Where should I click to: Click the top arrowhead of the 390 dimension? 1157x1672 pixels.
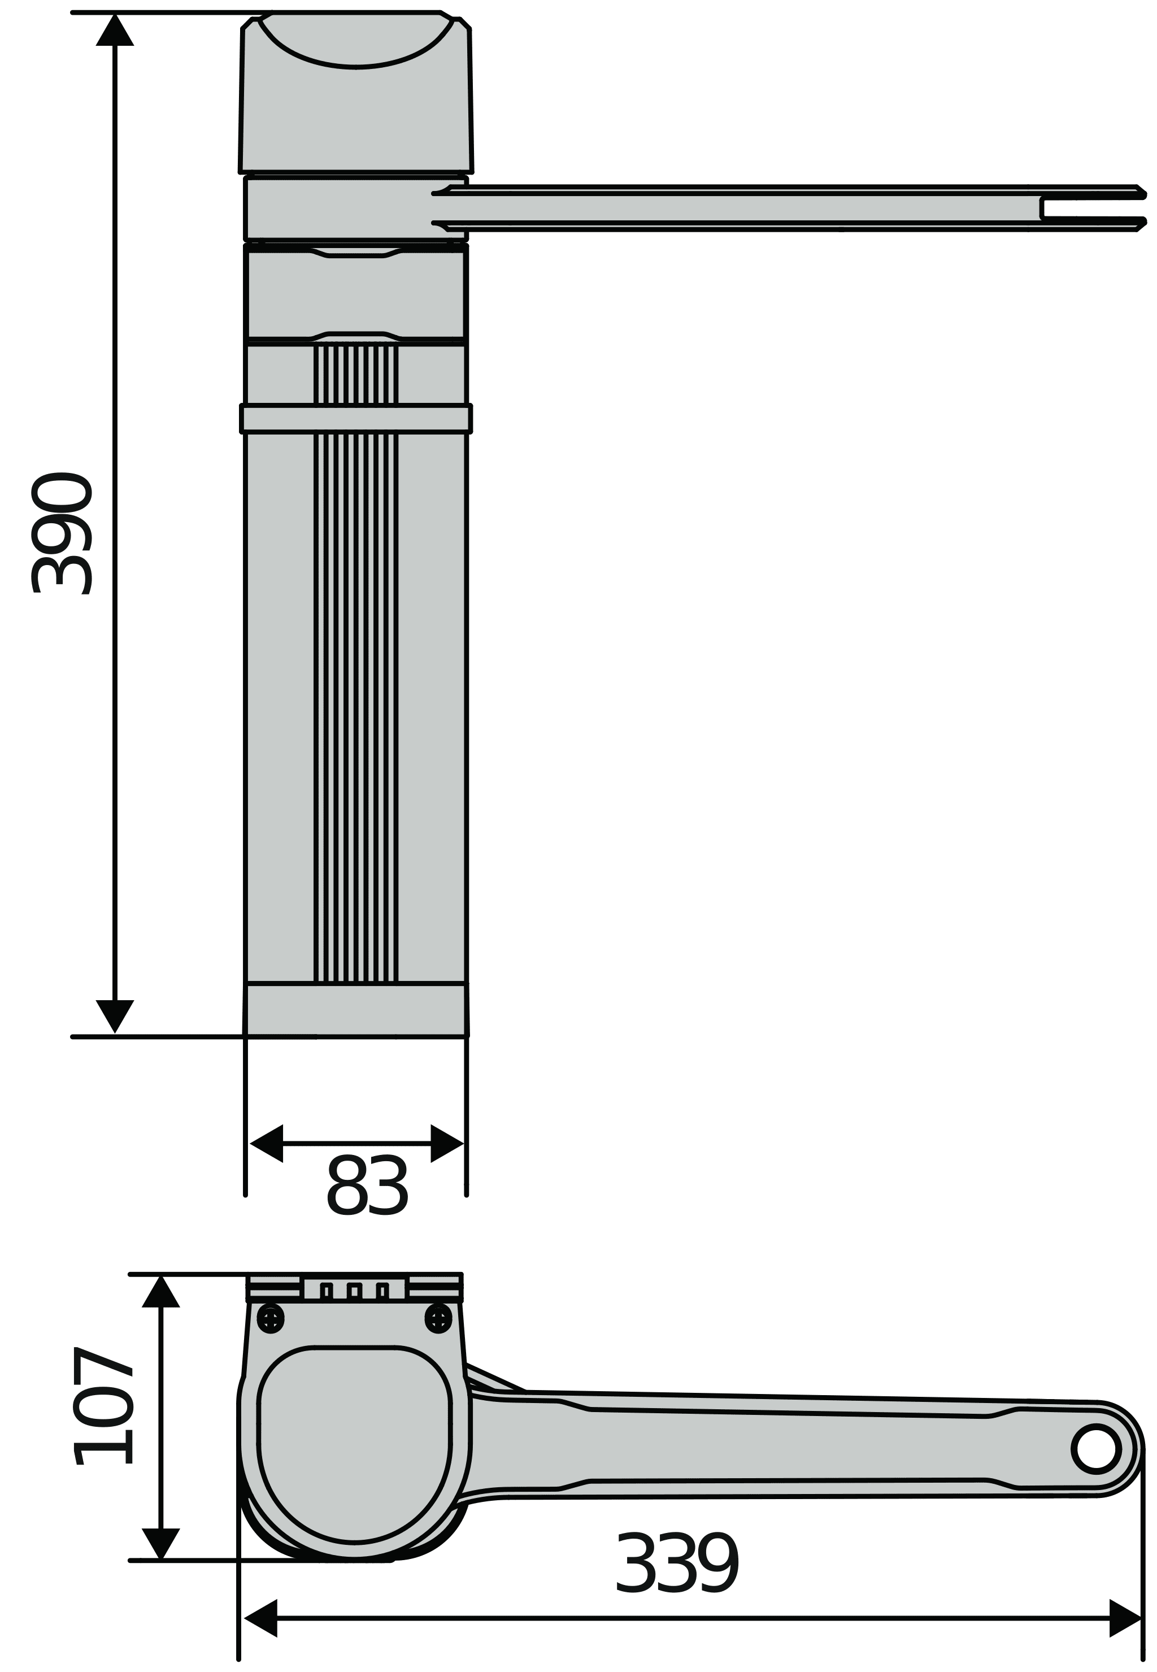[115, 31]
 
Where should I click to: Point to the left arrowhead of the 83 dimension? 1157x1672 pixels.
[266, 1144]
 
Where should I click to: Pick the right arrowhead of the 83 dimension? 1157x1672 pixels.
[446, 1144]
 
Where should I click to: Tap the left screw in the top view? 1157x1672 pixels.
[271, 1318]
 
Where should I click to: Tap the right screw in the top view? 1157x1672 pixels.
[438, 1318]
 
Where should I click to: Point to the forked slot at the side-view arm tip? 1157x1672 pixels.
[1093, 207]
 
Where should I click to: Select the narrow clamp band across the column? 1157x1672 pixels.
[355, 418]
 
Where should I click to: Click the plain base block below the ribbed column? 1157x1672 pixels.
[355, 1009]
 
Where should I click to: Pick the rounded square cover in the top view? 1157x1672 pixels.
[354, 1443]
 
